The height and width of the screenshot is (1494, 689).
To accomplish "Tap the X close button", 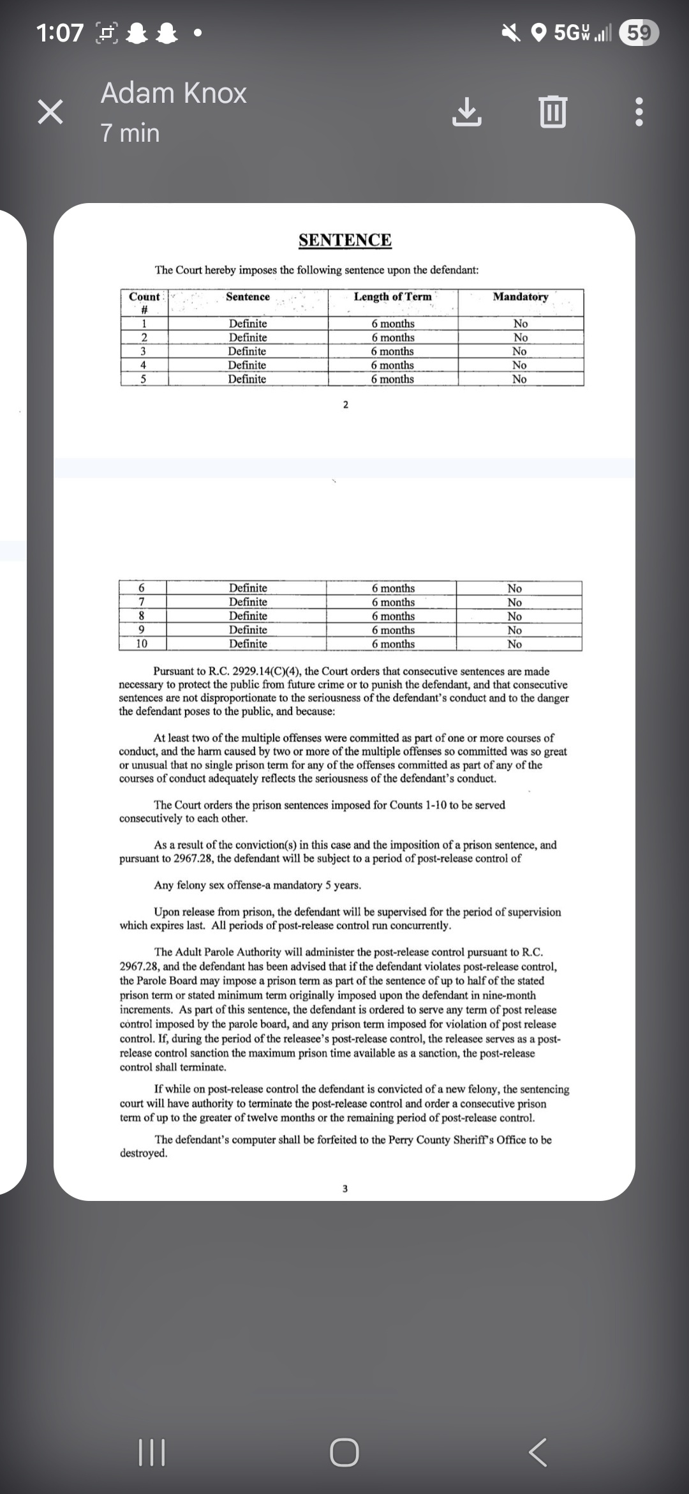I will [x=50, y=112].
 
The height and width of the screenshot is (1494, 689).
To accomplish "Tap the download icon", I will [x=467, y=112].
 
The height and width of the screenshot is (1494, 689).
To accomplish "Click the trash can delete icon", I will [x=552, y=112].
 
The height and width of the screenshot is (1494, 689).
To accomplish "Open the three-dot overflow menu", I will [x=639, y=112].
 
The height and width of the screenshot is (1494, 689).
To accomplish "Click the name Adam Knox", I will [x=174, y=93].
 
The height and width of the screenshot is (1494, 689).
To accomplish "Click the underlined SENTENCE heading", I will [x=345, y=240].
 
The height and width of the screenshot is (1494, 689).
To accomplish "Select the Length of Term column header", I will [x=393, y=297].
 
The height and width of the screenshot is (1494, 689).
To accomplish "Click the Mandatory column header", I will [x=521, y=297].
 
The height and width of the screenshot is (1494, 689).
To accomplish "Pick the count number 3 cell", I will [x=144, y=351].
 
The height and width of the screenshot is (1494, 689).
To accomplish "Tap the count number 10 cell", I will [x=142, y=644].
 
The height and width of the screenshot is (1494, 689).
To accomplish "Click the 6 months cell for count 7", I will [x=393, y=602].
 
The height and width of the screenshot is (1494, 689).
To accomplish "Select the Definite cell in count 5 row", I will [x=247, y=379].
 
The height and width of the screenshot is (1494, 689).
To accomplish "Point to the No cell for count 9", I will [x=514, y=630].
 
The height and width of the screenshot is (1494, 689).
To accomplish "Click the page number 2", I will [x=346, y=405].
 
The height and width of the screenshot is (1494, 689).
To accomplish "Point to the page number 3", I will [x=345, y=1188].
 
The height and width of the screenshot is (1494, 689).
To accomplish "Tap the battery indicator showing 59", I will [x=639, y=32].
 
